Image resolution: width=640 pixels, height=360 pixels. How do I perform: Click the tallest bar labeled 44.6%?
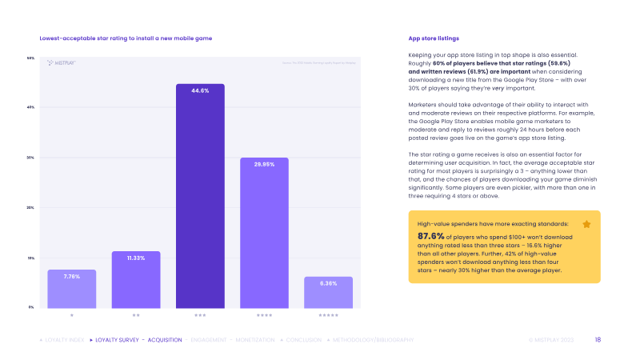click(200, 196)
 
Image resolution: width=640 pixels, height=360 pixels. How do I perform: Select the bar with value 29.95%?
click(264, 233)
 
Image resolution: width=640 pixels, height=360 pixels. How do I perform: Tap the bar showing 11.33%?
click(136, 280)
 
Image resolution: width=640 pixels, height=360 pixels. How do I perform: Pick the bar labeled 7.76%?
click(72, 289)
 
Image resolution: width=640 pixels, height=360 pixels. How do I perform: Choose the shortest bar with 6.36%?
click(328, 293)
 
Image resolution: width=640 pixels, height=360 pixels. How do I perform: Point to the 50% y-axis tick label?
click(30, 58)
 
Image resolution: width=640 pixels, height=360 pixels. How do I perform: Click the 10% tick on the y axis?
click(30, 258)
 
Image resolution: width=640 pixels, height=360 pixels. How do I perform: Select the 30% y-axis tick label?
click(30, 158)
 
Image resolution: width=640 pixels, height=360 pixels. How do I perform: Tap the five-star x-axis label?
click(328, 316)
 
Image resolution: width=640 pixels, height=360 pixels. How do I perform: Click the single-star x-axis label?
click(72, 316)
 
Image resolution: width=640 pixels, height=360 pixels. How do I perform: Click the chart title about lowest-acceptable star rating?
click(126, 38)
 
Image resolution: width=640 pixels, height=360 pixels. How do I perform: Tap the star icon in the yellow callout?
click(586, 225)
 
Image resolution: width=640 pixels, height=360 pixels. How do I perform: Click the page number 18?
click(598, 340)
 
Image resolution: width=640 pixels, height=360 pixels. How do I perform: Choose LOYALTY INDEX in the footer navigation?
click(62, 340)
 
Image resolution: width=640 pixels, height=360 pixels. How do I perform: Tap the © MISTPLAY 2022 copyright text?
click(551, 340)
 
